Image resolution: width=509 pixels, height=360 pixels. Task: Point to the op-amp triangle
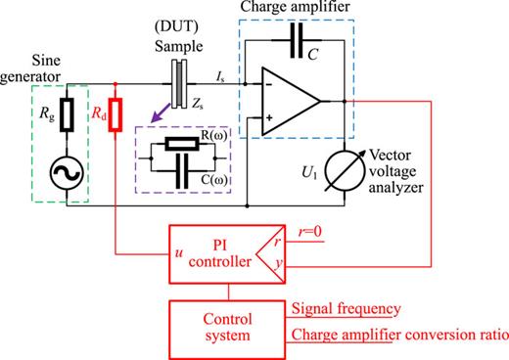click(x=293, y=101)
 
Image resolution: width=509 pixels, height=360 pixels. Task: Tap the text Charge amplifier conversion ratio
click(x=398, y=337)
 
